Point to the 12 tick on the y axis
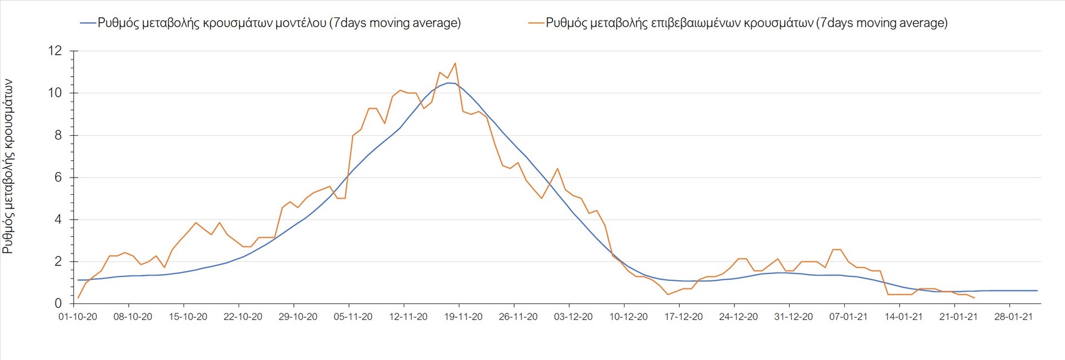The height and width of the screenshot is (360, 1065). coord(55,51)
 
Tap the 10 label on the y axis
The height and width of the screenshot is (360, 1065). coord(55,93)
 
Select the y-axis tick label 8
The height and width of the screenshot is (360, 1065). coord(58,135)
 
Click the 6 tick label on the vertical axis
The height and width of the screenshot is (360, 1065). coord(58,178)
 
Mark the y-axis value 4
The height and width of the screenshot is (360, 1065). coord(58,220)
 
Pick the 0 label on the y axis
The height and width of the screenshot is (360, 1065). coord(58,303)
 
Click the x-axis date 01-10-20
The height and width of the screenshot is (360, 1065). coord(78,317)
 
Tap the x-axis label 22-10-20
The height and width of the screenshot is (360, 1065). coord(243,317)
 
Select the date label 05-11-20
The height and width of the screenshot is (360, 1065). coord(353,317)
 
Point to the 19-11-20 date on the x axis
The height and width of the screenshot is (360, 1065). coord(463,317)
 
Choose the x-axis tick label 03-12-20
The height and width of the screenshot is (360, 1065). coord(573,317)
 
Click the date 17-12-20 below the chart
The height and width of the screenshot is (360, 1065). coord(683,317)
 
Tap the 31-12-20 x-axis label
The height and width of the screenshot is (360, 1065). coord(793,317)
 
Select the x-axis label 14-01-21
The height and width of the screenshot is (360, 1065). coord(904,317)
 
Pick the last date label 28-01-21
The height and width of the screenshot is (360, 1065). coord(1013,317)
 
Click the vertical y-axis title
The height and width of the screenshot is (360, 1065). coord(8,166)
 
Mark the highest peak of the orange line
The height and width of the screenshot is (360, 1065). coord(455,63)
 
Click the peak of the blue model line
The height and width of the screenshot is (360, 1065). coord(448,83)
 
